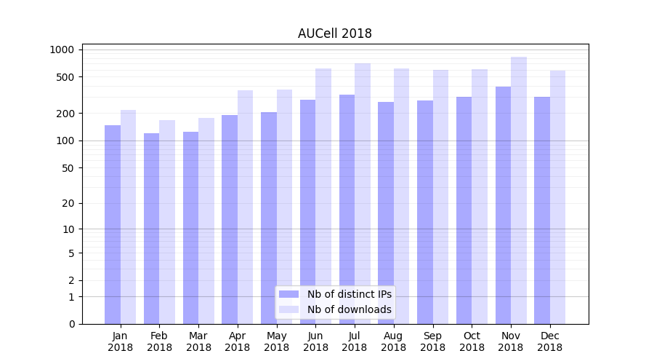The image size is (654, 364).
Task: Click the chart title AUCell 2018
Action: pyautogui.click(x=334, y=34)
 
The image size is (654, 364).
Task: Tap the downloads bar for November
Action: pyautogui.click(x=518, y=190)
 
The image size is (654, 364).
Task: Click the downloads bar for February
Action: pyautogui.click(x=167, y=222)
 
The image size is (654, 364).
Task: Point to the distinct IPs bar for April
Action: pyautogui.click(x=230, y=219)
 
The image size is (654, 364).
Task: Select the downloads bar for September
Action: pyautogui.click(x=440, y=197)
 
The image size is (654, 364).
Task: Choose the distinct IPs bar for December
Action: pyautogui.click(x=542, y=210)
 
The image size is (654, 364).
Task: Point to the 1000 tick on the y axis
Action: pyautogui.click(x=62, y=50)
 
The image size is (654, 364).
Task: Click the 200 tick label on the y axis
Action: pyautogui.click(x=66, y=114)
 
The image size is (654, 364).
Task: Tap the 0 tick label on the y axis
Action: pyautogui.click(x=71, y=324)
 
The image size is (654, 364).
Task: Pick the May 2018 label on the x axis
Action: pyautogui.click(x=276, y=341)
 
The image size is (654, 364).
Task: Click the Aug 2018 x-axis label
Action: pyautogui.click(x=393, y=341)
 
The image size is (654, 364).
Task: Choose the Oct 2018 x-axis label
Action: pyautogui.click(x=472, y=341)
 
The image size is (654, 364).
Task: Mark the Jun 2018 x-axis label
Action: pyautogui.click(x=315, y=341)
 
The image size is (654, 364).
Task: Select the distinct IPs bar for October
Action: pyautogui.click(x=464, y=210)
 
